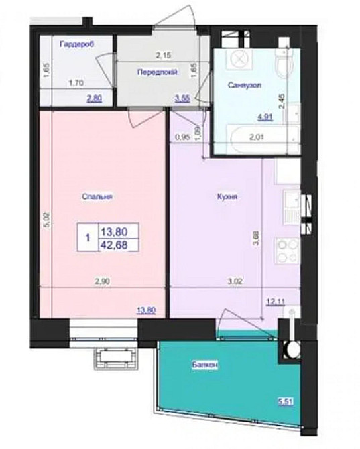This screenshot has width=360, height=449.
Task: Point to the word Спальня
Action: click(x=97, y=197)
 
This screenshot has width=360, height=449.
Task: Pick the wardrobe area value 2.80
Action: click(x=94, y=98)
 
